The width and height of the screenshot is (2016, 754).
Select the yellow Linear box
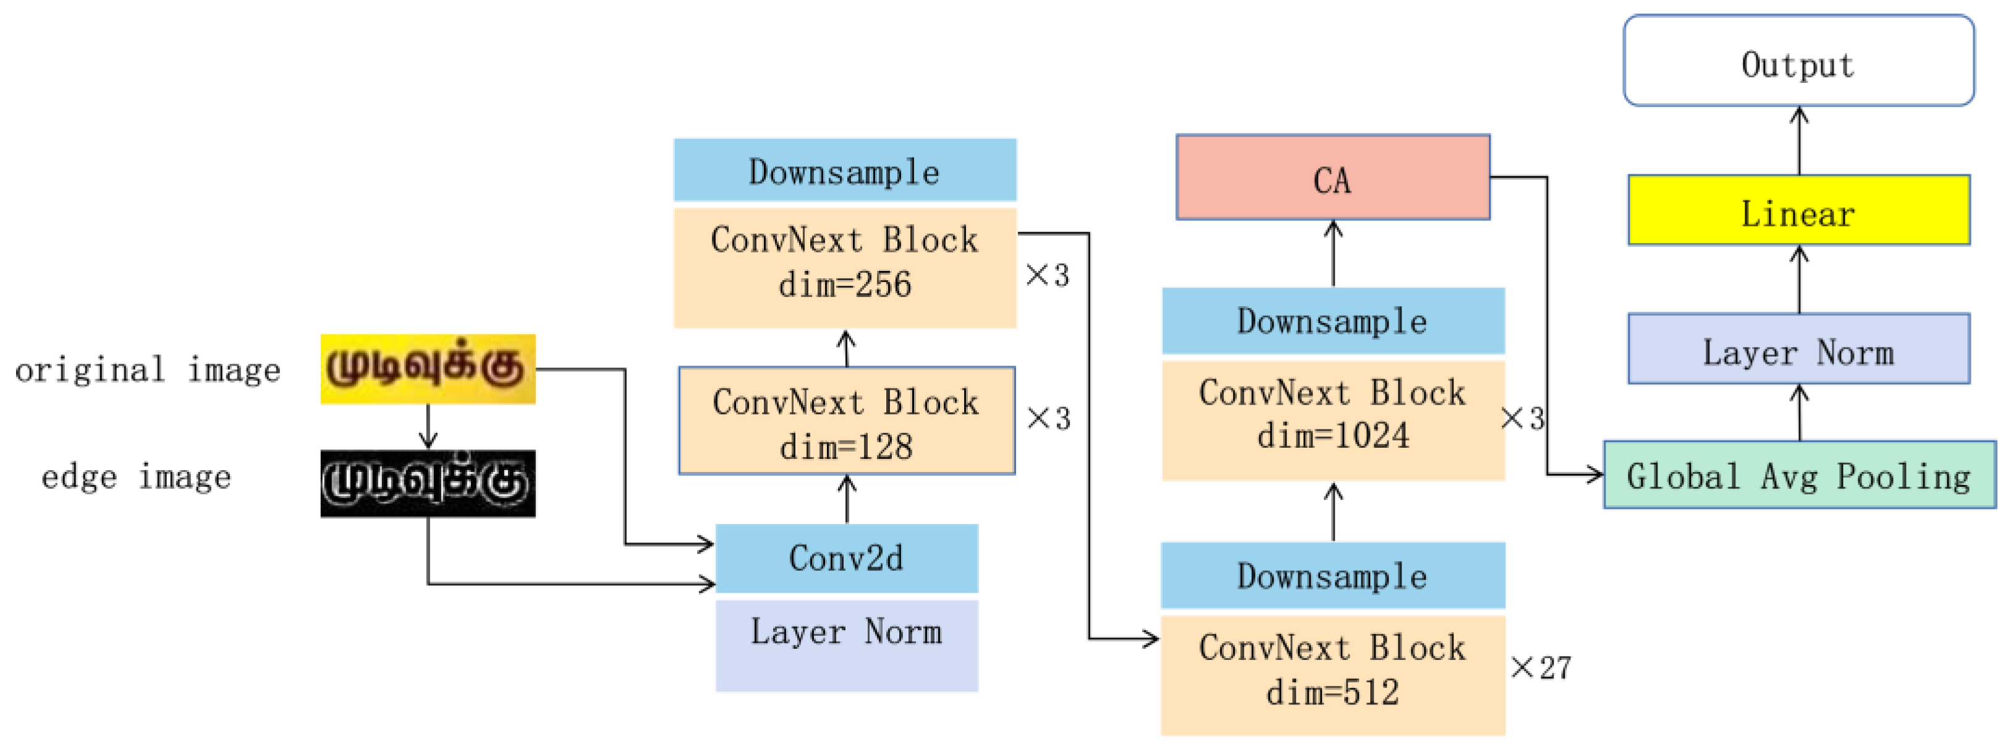point(1798,210)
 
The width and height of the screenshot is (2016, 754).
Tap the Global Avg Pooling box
point(1798,474)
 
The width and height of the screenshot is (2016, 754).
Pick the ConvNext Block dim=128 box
point(846,421)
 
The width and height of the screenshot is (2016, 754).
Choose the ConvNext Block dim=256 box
point(844,266)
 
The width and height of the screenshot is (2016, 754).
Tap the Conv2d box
point(846,557)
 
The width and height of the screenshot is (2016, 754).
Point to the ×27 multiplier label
point(1540,667)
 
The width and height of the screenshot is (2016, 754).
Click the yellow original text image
point(427,368)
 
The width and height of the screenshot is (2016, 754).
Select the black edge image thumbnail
point(427,482)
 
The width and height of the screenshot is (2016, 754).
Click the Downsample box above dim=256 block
point(844,170)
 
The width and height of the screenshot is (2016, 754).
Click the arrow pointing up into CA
point(1333,252)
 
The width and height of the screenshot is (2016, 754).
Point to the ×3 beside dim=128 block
point(1048,418)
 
